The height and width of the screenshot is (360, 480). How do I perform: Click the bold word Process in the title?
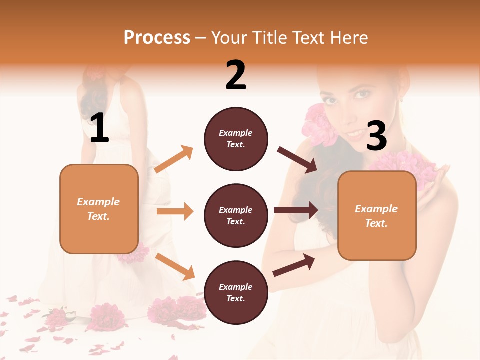157,38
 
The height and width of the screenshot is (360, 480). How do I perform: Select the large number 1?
99,128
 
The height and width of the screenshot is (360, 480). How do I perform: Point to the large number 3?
376,136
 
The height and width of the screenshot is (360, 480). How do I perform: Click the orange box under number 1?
99,209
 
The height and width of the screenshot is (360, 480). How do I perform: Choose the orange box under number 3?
377,215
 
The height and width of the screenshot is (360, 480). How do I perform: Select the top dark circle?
236,139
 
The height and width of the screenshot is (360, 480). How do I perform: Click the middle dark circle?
236,215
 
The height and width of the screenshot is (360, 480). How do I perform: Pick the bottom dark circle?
236,292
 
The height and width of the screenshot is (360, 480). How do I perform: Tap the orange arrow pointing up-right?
174,159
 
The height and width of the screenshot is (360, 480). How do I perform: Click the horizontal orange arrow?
175,211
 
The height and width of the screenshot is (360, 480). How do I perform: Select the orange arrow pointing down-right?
175,266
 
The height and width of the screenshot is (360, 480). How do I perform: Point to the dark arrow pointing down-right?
297,160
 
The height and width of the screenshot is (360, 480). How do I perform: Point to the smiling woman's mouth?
356,134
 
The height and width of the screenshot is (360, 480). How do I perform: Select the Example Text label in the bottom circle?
236,292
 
